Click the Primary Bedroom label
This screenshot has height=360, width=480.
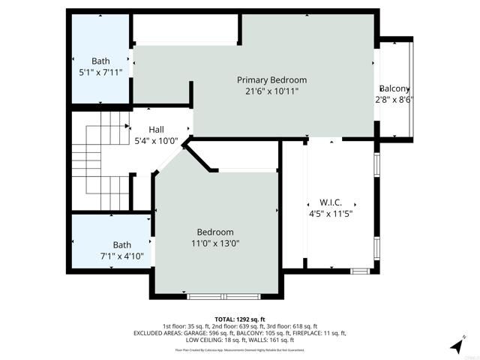point(271,80)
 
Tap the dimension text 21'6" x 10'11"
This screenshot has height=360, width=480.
point(271,91)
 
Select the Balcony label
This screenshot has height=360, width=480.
point(395,88)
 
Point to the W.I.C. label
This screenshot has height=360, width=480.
point(331,202)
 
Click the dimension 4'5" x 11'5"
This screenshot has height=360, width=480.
point(331,213)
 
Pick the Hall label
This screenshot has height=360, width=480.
point(156,129)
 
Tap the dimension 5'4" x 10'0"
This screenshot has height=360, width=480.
point(156,140)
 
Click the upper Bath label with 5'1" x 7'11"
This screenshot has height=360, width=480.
point(100,61)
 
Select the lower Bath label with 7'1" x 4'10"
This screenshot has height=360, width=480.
point(121,244)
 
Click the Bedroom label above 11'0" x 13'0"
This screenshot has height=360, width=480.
point(215,232)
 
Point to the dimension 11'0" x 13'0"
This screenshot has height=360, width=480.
point(215,243)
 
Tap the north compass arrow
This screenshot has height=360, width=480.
point(457,345)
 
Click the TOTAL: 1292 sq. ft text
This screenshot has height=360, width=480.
point(240,319)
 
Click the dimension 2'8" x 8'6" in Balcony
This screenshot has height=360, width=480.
point(395,99)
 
